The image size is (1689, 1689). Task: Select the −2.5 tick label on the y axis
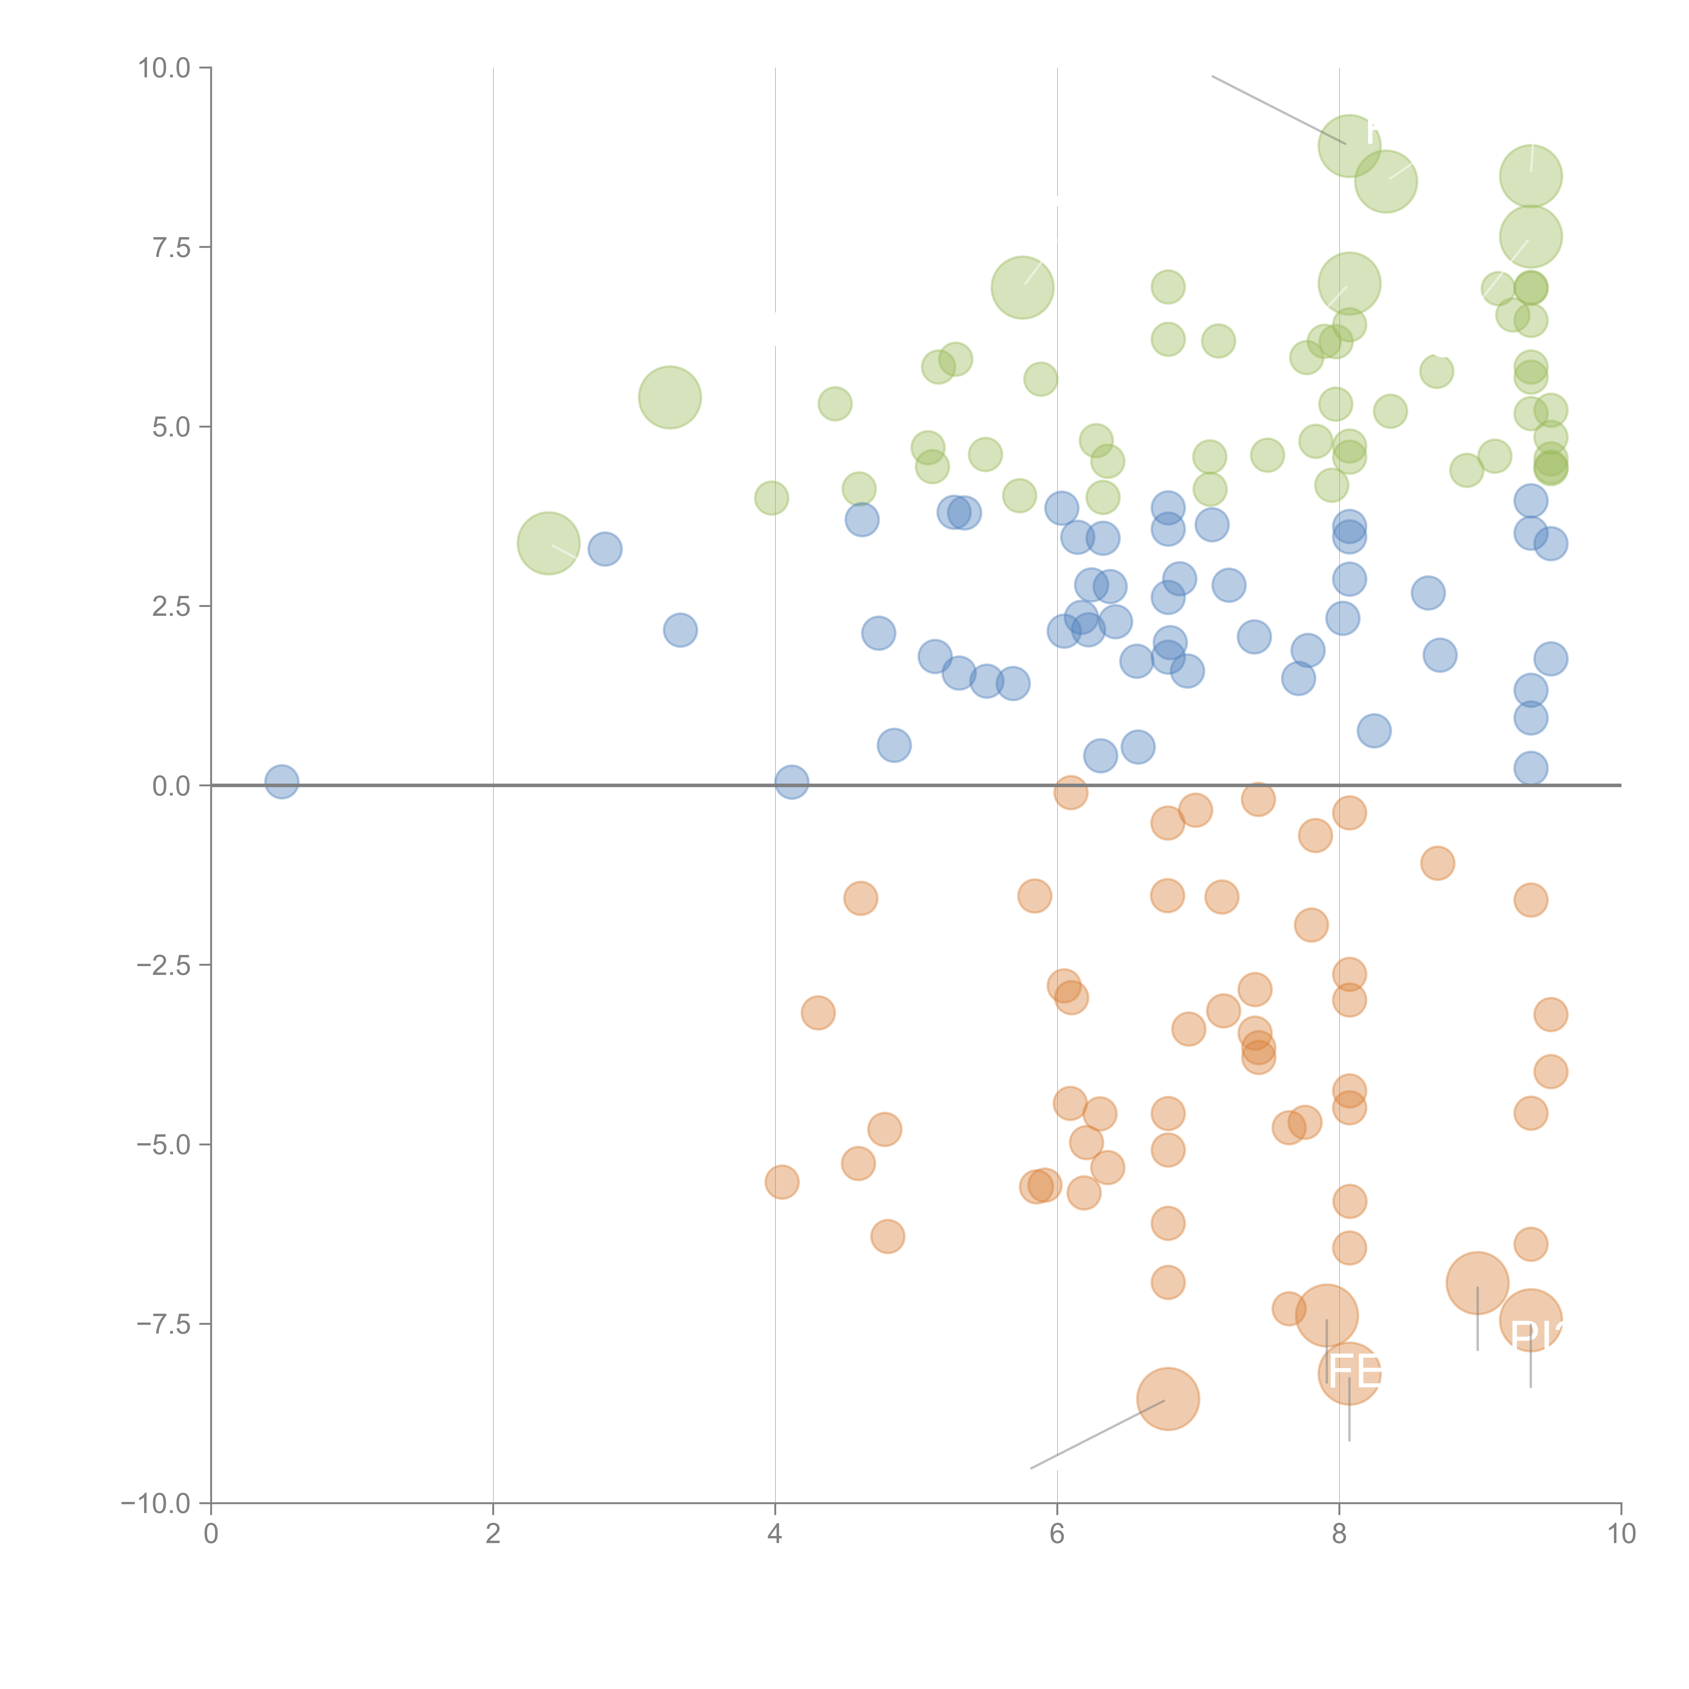(x=162, y=965)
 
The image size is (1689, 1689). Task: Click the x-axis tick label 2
(x=493, y=1534)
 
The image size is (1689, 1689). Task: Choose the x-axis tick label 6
(x=1057, y=1534)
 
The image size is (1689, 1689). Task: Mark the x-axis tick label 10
(x=1621, y=1534)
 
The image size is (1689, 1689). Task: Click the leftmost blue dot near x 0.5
(x=281, y=782)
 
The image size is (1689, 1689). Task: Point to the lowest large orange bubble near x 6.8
(x=1168, y=1399)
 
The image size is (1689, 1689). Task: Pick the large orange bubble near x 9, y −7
(x=1478, y=1283)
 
